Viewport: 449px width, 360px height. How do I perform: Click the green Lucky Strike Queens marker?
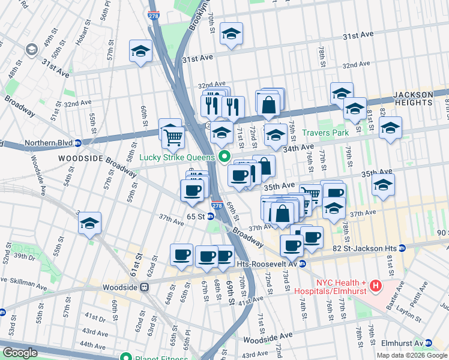(x=225, y=158)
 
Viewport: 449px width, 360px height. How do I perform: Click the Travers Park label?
(x=325, y=132)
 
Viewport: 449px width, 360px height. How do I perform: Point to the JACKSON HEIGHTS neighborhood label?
(x=413, y=98)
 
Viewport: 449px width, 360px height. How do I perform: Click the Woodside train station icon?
(x=145, y=287)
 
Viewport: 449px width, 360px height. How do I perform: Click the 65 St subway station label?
(x=200, y=216)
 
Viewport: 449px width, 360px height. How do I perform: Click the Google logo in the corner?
(x=19, y=353)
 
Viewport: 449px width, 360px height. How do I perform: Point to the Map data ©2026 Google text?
(x=412, y=355)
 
